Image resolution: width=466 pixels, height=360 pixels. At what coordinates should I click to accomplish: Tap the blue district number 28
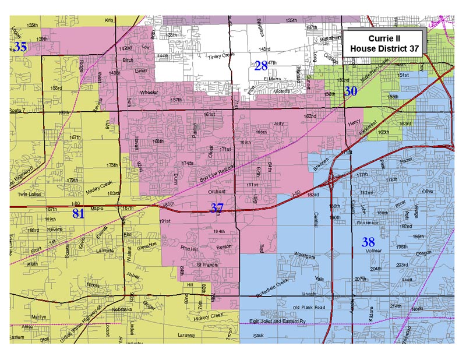pyautogui.click(x=260, y=66)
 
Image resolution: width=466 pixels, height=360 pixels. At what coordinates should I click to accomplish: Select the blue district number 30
pyautogui.click(x=350, y=91)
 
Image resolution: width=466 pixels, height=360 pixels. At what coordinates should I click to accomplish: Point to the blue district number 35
pyautogui.click(x=20, y=47)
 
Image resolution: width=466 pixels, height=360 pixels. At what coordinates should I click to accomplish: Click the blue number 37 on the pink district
pyautogui.click(x=217, y=207)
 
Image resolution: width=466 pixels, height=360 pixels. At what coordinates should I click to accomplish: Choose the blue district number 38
pyautogui.click(x=368, y=241)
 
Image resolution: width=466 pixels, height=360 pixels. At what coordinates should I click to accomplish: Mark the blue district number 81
pyautogui.click(x=78, y=214)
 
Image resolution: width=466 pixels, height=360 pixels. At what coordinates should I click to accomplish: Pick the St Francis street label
pyautogui.click(x=206, y=264)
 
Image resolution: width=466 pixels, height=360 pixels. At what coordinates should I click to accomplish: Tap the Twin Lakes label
pyautogui.click(x=29, y=194)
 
